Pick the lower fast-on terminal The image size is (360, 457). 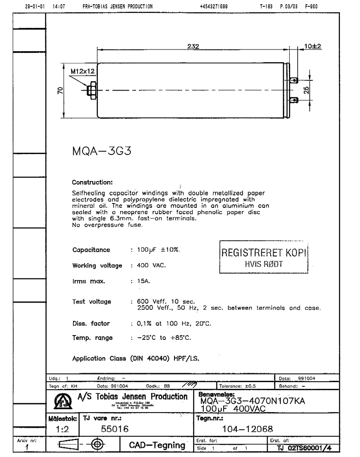[x=296, y=100]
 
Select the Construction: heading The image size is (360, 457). [x=92, y=183]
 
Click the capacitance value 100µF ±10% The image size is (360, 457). [x=158, y=250]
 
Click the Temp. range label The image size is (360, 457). [x=92, y=338]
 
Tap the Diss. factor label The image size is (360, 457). [x=91, y=324]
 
